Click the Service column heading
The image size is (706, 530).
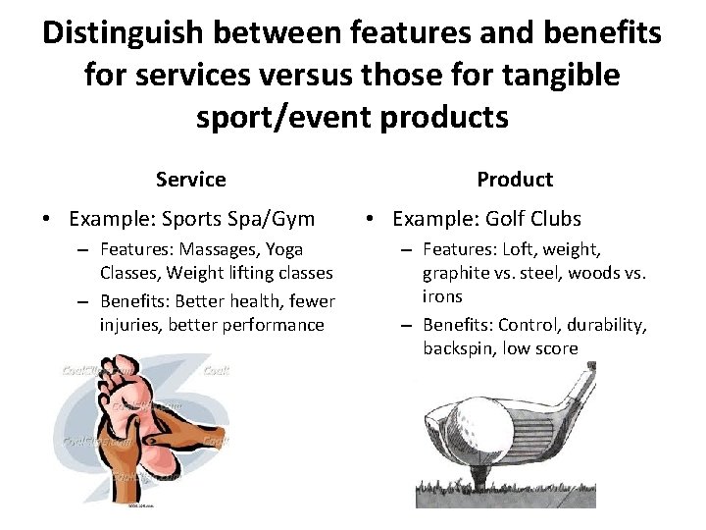(190, 180)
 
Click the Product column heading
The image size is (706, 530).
(514, 180)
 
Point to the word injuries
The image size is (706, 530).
(128, 324)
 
